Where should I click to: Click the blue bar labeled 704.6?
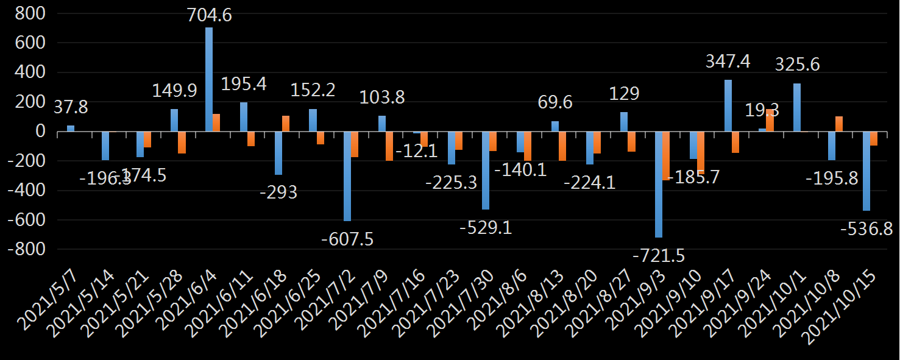click(209, 79)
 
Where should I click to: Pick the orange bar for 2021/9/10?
click(701, 152)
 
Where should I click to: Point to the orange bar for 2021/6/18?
click(286, 124)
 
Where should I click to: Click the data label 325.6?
click(798, 64)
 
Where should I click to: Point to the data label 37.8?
click(71, 108)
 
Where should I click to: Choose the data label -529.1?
click(486, 228)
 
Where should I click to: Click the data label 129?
click(625, 93)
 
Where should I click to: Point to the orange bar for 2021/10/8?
click(839, 124)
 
